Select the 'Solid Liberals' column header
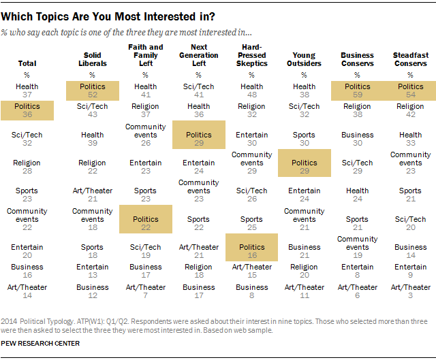pyautogui.click(x=92, y=59)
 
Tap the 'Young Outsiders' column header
pyautogui.click(x=305, y=59)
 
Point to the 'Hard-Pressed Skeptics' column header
pyautogui.click(x=252, y=55)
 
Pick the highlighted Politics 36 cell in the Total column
pyautogui.click(x=27, y=111)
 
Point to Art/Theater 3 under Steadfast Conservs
pyautogui.click(x=411, y=292)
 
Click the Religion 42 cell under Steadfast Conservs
pyautogui.click(x=411, y=111)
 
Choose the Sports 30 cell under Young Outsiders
pyautogui.click(x=305, y=140)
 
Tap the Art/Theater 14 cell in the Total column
pyautogui.click(x=27, y=292)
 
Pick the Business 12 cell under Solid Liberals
pyautogui.click(x=92, y=292)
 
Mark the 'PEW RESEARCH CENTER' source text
pyautogui.click(x=41, y=343)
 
